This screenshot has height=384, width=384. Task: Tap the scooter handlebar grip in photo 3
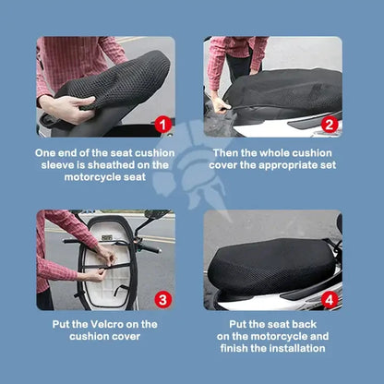149,247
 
